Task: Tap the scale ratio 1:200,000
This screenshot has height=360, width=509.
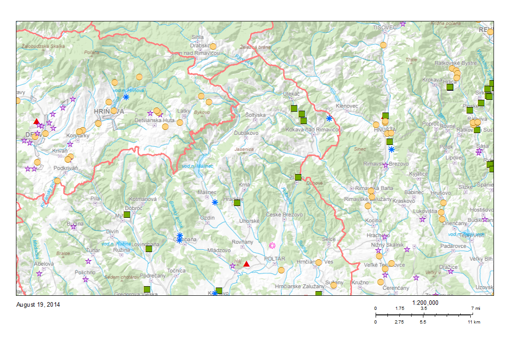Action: click(425, 303)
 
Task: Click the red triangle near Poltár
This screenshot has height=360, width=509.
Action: click(246, 264)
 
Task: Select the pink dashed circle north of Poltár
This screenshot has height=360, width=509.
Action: click(272, 246)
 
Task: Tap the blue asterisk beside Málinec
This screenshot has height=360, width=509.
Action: click(215, 202)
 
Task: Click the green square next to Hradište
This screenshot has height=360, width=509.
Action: click(237, 203)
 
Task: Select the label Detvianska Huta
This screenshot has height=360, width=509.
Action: click(155, 120)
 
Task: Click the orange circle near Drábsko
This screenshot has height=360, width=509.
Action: click(213, 46)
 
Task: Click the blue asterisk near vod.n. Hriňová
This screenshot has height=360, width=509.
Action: click(126, 97)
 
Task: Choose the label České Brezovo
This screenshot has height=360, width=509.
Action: click(285, 215)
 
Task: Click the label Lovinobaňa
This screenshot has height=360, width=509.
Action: click(145, 245)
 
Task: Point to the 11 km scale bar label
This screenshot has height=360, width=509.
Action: click(473, 322)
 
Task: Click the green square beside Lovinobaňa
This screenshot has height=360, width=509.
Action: click(149, 249)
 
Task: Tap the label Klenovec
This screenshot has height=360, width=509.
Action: click(347, 106)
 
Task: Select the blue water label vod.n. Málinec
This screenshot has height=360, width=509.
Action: click(197, 166)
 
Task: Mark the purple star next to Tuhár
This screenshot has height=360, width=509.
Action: click(88, 261)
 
